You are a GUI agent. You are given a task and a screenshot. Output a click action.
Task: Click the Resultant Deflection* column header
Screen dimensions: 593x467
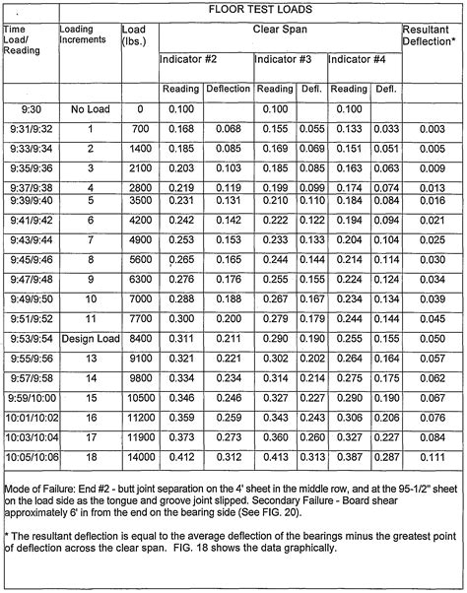click(x=432, y=38)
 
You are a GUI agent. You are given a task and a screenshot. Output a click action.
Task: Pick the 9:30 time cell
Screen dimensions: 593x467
click(x=30, y=108)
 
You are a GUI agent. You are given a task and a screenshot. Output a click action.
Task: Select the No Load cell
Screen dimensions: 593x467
click(x=89, y=108)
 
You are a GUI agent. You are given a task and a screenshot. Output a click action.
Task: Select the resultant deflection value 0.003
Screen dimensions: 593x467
click(x=432, y=128)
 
